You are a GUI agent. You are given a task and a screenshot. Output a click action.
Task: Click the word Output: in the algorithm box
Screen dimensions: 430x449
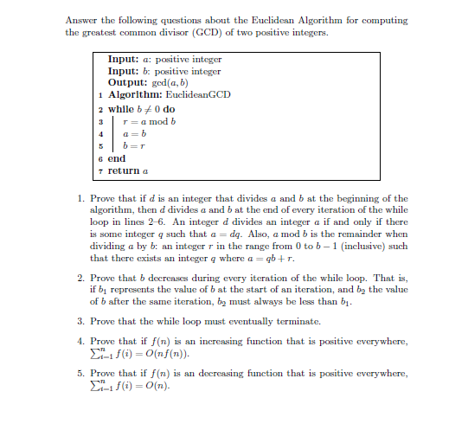[126, 80]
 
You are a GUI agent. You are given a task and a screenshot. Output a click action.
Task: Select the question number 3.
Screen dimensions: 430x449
[80, 322]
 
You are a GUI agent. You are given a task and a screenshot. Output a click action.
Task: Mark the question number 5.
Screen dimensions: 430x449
[80, 373]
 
